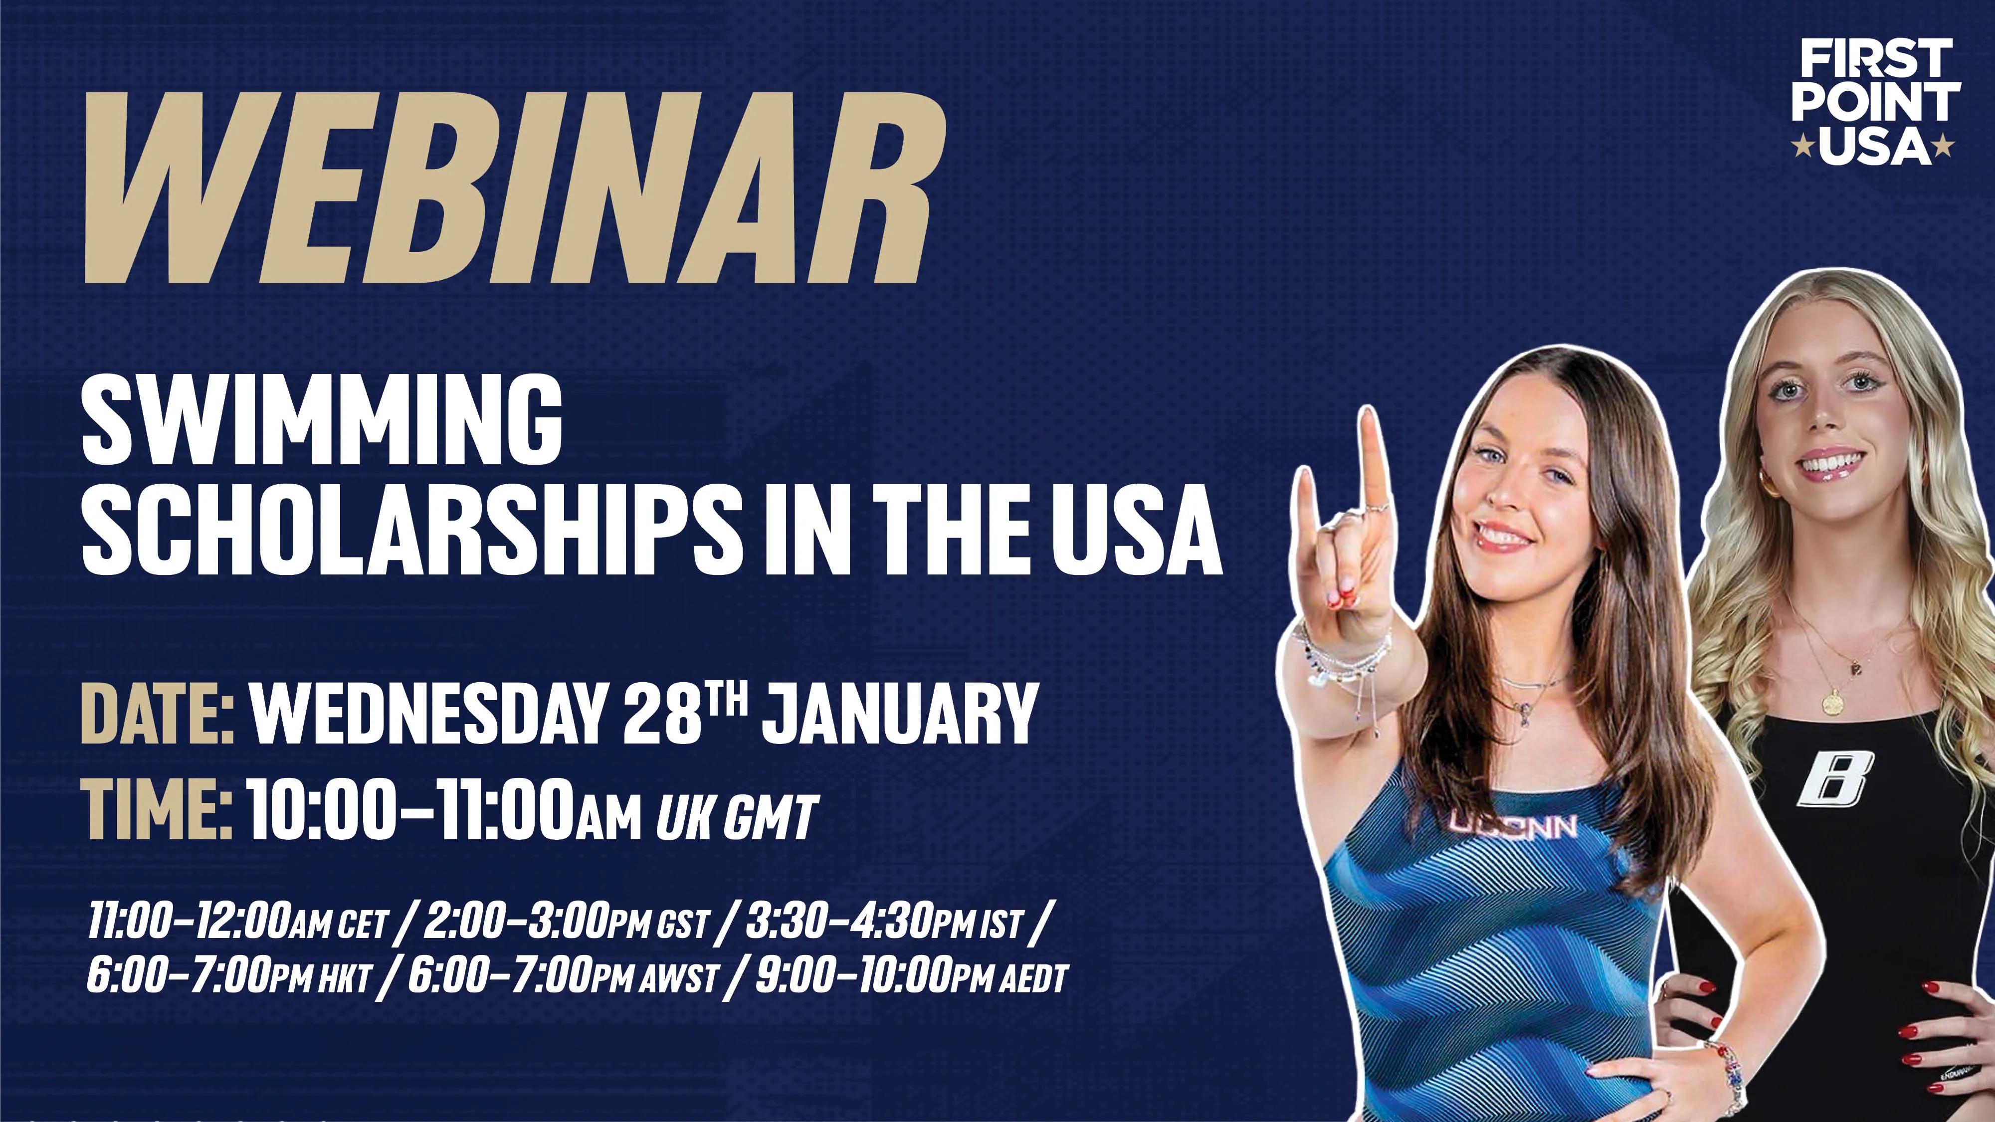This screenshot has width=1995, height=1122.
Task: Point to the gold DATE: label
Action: click(x=157, y=713)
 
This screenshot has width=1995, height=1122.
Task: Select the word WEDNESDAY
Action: click(x=425, y=713)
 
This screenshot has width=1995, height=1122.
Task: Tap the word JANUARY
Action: click(x=898, y=713)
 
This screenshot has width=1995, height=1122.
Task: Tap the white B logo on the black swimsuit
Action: click(x=1835, y=778)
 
